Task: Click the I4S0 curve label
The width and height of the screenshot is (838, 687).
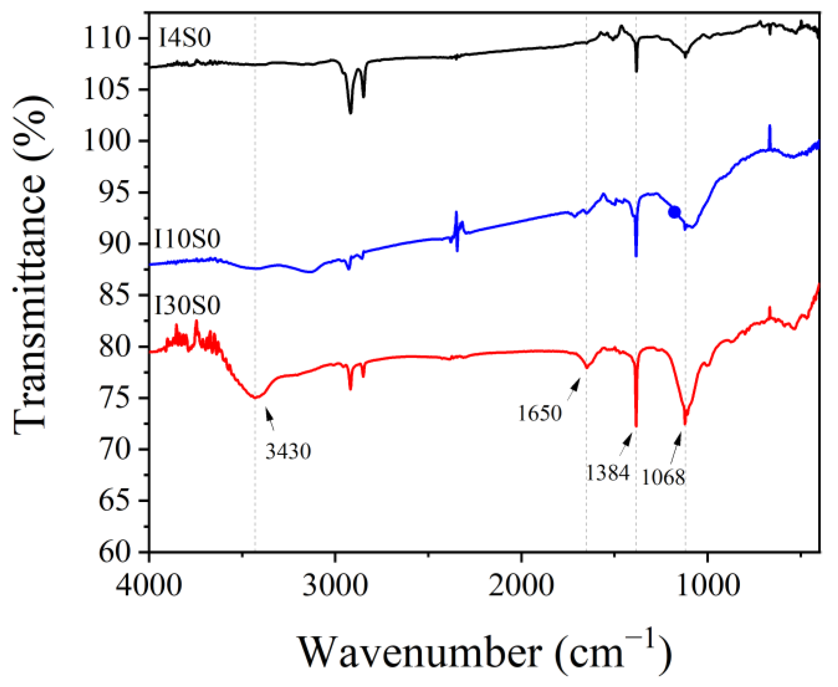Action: pyautogui.click(x=185, y=38)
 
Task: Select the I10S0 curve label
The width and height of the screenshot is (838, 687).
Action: pyautogui.click(x=187, y=239)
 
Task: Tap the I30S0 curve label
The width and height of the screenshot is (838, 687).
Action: pyautogui.click(x=187, y=306)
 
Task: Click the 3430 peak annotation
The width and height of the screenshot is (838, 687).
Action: pyautogui.click(x=288, y=451)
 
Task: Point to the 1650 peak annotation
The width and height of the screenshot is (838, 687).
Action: pyautogui.click(x=539, y=413)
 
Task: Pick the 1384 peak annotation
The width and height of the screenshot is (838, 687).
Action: pyautogui.click(x=607, y=473)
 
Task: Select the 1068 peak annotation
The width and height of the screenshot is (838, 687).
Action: pyautogui.click(x=663, y=477)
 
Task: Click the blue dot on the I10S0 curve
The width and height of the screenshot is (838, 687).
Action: pyautogui.click(x=674, y=212)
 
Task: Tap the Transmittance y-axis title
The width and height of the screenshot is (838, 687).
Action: pyautogui.click(x=31, y=265)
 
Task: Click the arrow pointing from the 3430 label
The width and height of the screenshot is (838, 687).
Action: pyautogui.click(x=270, y=418)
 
